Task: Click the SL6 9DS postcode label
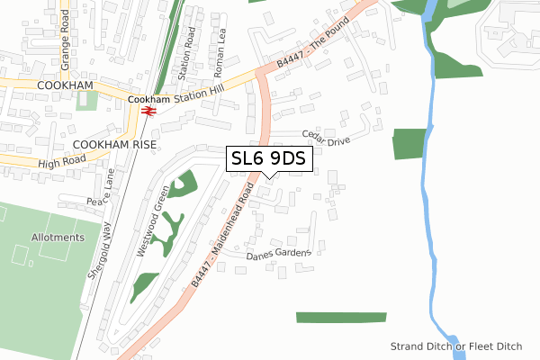(269, 159)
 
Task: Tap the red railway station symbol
(148, 111)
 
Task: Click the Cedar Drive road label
(323, 135)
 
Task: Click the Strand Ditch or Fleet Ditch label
(456, 346)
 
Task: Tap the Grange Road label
(64, 34)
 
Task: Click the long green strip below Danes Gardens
(340, 317)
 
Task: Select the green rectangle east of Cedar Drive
(409, 144)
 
